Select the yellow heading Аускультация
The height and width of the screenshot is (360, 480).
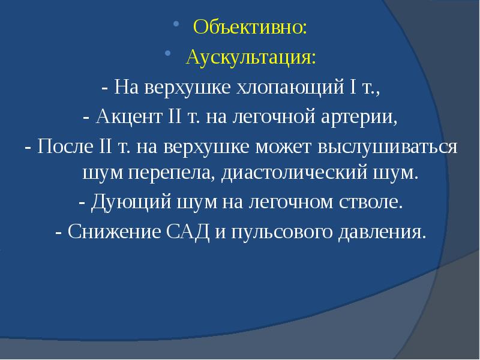250,58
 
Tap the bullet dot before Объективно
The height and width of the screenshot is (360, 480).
176,25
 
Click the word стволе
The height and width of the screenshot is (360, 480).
370,202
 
